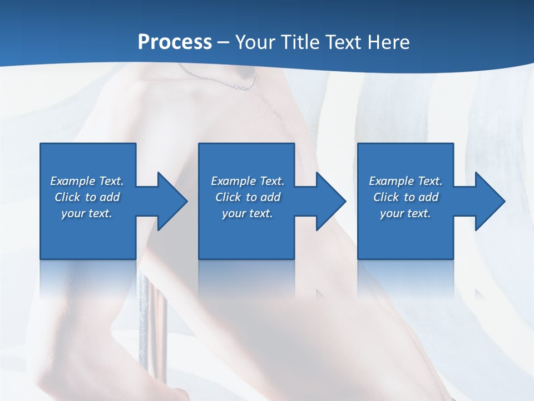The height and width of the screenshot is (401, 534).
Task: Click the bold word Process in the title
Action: (x=175, y=42)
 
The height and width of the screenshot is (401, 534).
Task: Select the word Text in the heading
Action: (x=344, y=42)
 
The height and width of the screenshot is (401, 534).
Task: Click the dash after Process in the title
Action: (x=223, y=42)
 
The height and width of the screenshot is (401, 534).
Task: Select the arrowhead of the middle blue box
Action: (x=330, y=201)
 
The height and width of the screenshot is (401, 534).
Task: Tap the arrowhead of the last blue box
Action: (x=489, y=201)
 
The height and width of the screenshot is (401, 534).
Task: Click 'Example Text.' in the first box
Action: (x=87, y=181)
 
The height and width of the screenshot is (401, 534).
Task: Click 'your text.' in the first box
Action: (x=87, y=213)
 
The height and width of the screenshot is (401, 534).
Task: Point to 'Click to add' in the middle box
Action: (x=248, y=197)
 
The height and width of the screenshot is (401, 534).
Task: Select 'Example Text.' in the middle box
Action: (x=248, y=181)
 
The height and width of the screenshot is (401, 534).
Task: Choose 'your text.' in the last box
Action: (x=406, y=213)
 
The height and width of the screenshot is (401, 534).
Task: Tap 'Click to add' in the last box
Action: (x=406, y=197)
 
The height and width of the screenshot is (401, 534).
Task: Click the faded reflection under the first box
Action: (x=88, y=278)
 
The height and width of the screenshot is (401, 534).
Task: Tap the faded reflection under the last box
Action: (x=406, y=278)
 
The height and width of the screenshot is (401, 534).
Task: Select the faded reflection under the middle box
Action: (x=246, y=278)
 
